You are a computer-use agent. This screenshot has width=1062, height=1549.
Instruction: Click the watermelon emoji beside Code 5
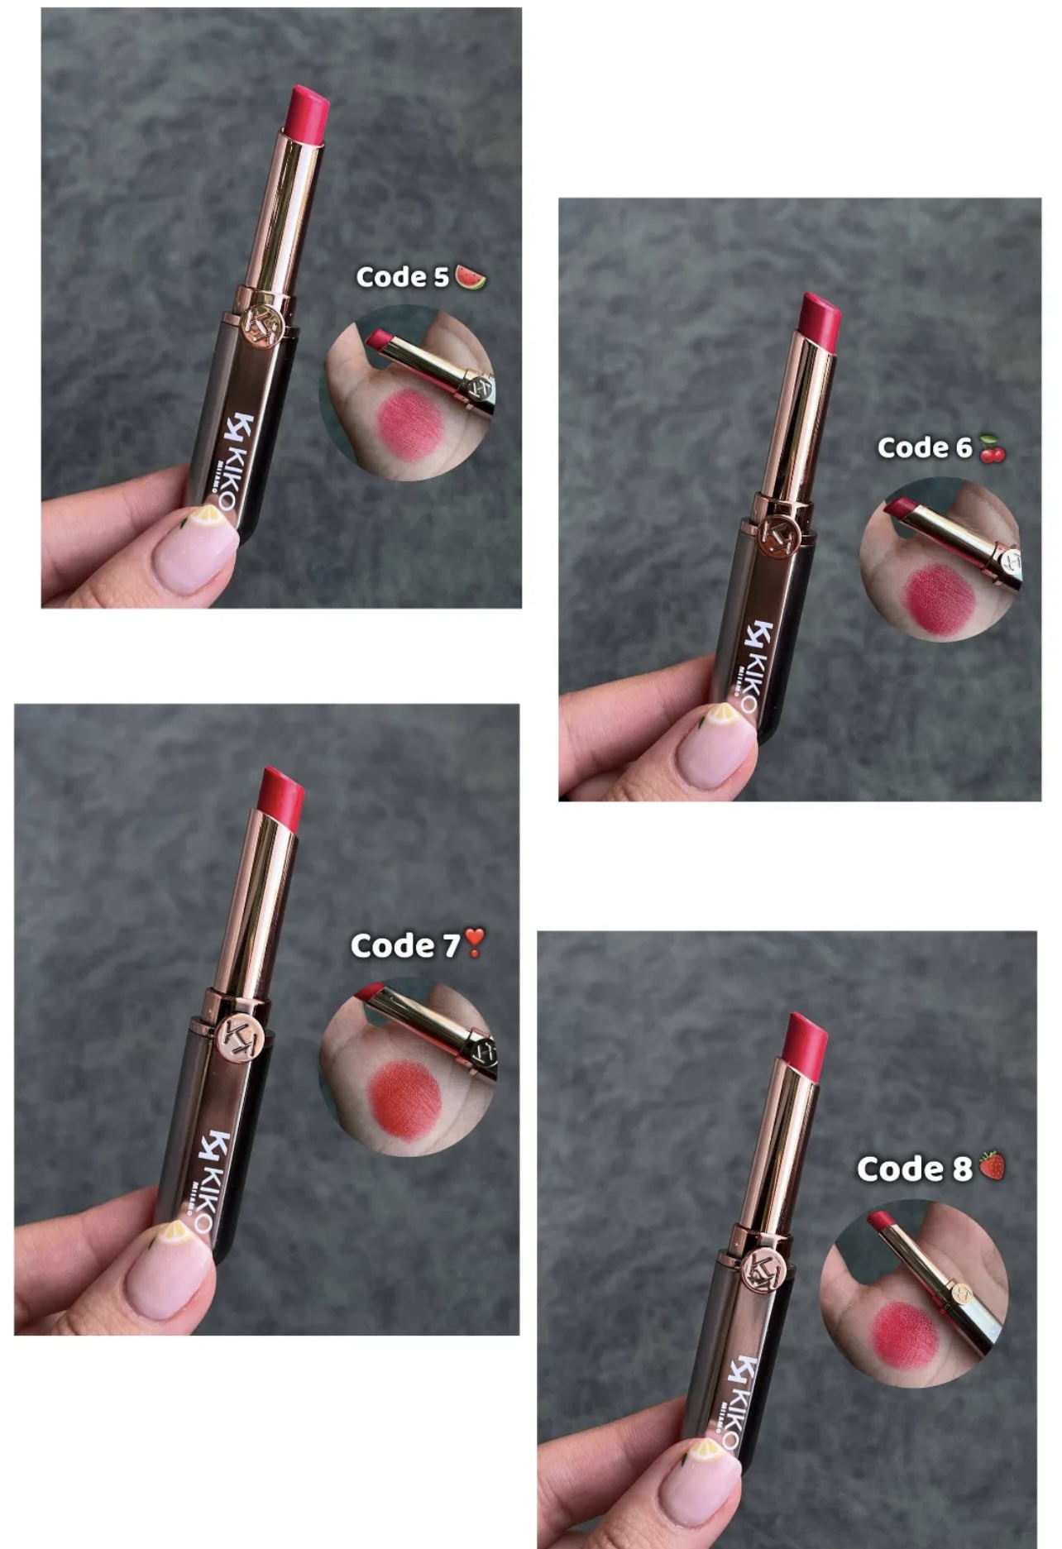[471, 277]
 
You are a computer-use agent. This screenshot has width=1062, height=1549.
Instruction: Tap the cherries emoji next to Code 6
[992, 448]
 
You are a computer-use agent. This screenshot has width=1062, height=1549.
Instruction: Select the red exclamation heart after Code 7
[474, 943]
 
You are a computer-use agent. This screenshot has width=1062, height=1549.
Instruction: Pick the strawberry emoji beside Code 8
[992, 1165]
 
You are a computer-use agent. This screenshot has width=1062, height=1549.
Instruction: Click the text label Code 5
[403, 277]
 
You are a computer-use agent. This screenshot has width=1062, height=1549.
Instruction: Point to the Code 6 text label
[925, 447]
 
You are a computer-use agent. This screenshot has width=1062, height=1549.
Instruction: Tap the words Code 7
[405, 945]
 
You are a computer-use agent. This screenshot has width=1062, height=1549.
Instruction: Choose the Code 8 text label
[915, 1169]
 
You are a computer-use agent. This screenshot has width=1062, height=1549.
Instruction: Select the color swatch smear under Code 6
[939, 599]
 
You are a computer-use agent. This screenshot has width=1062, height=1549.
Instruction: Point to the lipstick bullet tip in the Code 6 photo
[819, 318]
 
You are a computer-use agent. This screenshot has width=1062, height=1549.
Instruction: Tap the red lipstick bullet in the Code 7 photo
[281, 796]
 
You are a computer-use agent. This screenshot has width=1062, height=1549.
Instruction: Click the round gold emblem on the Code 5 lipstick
[264, 324]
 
